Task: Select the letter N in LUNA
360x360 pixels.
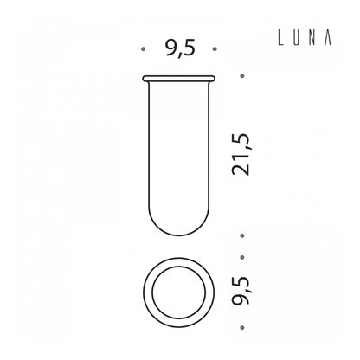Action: pos(312,38)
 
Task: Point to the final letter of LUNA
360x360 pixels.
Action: pos(327,38)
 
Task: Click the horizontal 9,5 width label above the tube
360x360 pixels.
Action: pos(180,48)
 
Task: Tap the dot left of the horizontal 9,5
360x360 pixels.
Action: pos(143,49)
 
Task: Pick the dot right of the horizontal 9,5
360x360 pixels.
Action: pos(215,49)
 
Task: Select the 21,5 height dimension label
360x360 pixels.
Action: pos(241,154)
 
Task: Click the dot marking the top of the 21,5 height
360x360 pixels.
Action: pos(242,76)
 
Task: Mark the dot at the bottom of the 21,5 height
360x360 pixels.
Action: pos(242,235)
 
